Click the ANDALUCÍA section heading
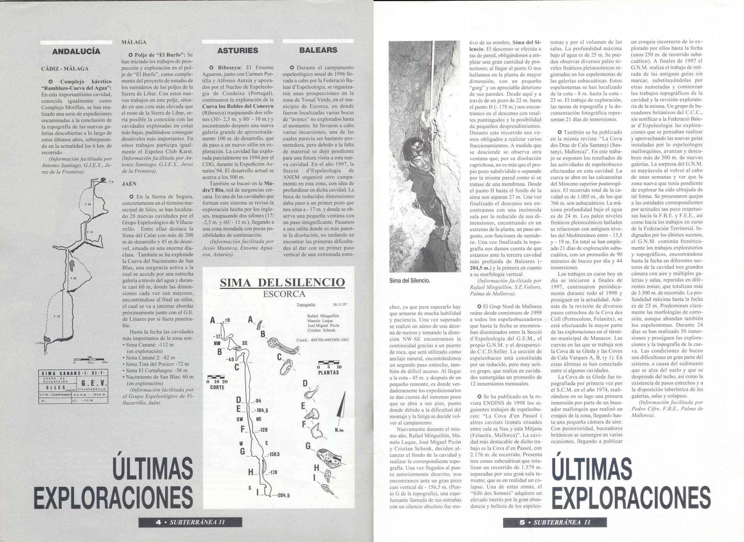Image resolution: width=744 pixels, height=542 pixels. point(76,51)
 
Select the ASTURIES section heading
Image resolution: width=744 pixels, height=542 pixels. point(237,50)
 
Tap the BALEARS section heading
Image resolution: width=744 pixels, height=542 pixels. point(318,50)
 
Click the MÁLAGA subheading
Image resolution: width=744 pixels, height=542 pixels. point(134,42)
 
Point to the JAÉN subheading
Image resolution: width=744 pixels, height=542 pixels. point(129,184)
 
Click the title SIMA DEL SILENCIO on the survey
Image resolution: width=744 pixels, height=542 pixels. point(282,282)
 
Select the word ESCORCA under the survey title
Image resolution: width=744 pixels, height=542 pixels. point(284,294)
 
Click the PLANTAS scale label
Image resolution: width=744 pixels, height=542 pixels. point(328,373)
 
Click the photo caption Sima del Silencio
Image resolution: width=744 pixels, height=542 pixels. point(410,281)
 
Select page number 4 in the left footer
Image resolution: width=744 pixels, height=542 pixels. point(157,522)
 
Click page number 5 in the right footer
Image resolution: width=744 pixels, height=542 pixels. point(522,522)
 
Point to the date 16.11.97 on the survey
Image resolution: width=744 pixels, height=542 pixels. point(340,304)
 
